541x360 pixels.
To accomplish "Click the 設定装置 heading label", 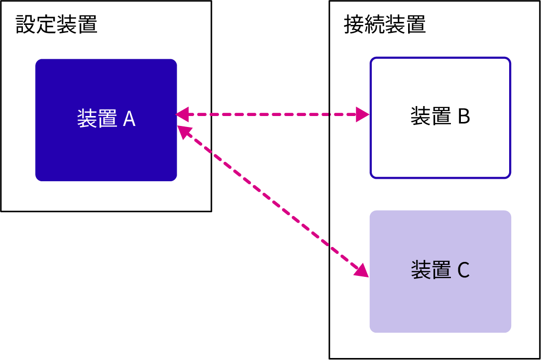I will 57,24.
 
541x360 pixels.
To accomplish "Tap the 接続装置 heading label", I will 385,24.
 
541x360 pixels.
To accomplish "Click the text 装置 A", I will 107,119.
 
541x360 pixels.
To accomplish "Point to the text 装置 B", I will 440,117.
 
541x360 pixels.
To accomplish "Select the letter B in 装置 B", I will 463,117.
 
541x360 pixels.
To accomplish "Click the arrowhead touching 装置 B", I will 363,115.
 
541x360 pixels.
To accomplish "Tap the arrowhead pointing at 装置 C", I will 361,270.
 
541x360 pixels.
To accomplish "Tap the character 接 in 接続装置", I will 354,24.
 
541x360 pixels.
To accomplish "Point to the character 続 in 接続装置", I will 375,24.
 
